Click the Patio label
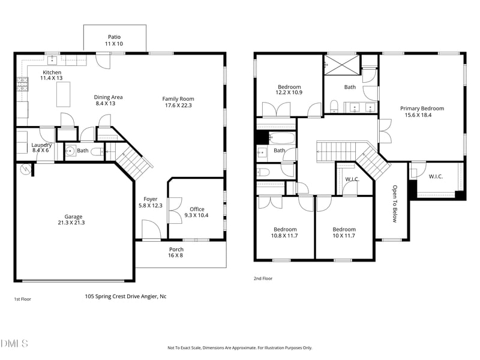(x=114, y=37)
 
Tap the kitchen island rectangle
(x=64, y=94)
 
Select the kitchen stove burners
(x=22, y=85)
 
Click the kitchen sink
(x=52, y=60)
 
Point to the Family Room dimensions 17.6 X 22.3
(x=178, y=106)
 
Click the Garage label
(x=73, y=217)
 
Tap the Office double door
(x=175, y=211)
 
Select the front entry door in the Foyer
(x=151, y=230)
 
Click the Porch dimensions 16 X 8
(x=175, y=256)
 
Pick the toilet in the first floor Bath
(x=98, y=151)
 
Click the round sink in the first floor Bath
(x=71, y=151)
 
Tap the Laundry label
(x=41, y=145)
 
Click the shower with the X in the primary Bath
(x=342, y=65)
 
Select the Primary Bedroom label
(x=422, y=109)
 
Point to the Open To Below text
(x=395, y=203)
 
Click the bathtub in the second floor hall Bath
(x=281, y=138)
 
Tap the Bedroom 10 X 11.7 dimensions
(x=344, y=236)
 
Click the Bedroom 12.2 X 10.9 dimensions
(x=289, y=92)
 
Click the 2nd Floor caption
(x=263, y=278)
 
